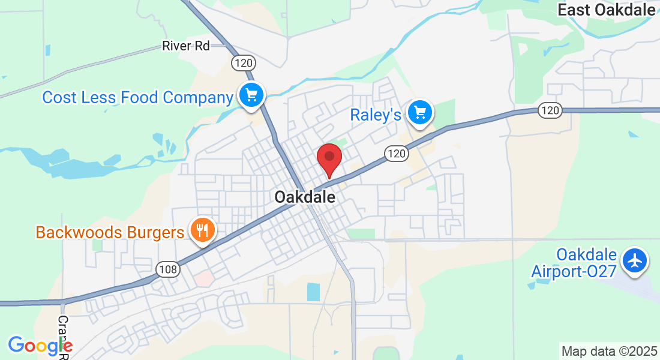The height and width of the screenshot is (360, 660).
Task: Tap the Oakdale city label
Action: click(305, 196)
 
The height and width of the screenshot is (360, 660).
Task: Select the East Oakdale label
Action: click(606, 10)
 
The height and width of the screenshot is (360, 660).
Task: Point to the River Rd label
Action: click(186, 46)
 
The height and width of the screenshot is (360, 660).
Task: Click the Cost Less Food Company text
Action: click(137, 97)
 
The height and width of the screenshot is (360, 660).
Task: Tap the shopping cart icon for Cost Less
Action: click(251, 95)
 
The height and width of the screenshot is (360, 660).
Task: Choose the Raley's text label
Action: click(376, 115)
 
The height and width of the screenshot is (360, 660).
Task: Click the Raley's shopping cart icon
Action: click(420, 112)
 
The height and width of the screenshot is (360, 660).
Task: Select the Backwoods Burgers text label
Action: click(110, 232)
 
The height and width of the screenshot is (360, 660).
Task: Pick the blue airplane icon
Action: click(635, 261)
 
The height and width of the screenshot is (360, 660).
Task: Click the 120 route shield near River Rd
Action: click(244, 62)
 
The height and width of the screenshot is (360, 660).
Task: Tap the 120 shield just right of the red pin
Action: click(397, 154)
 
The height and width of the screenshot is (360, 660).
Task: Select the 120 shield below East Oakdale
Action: click(549, 110)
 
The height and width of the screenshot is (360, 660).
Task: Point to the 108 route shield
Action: click(168, 269)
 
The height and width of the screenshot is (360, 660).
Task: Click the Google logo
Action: click(40, 346)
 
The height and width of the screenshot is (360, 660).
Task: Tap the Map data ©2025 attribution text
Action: click(608, 351)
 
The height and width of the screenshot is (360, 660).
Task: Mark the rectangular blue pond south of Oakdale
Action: click(314, 292)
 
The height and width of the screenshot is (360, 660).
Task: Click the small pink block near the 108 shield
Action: click(203, 278)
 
